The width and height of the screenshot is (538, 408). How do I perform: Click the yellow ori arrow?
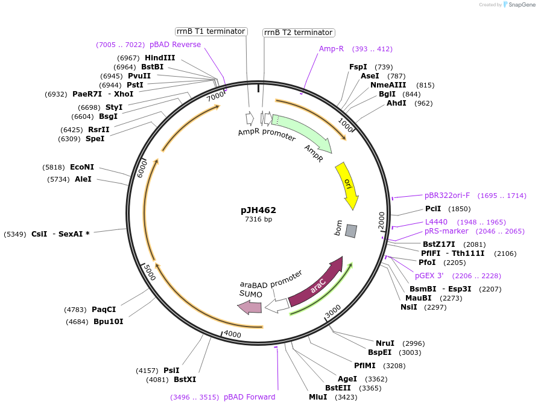coord(347,183)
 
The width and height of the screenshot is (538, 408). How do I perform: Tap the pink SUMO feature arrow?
coord(249,307)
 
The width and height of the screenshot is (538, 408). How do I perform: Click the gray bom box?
coord(351,231)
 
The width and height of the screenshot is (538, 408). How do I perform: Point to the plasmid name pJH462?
coord(258,210)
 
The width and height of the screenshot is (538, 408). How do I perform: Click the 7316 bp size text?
coord(258,219)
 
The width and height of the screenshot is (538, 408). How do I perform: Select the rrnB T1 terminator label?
coord(211,31)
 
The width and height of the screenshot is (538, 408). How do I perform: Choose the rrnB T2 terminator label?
coord(299,33)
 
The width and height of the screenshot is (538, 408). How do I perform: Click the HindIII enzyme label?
coord(160,58)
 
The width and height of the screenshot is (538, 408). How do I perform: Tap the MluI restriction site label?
coord(318,397)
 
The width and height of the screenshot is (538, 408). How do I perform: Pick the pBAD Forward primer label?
coord(249,397)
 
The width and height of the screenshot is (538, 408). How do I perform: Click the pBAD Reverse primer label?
coord(175,45)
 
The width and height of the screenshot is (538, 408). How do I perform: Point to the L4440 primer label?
coord(436,222)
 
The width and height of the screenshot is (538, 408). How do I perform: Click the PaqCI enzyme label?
coord(104,310)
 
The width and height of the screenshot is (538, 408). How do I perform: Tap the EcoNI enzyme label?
coord(82,167)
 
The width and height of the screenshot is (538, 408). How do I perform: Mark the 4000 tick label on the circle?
coord(232,334)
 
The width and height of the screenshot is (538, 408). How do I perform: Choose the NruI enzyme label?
coord(385,343)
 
